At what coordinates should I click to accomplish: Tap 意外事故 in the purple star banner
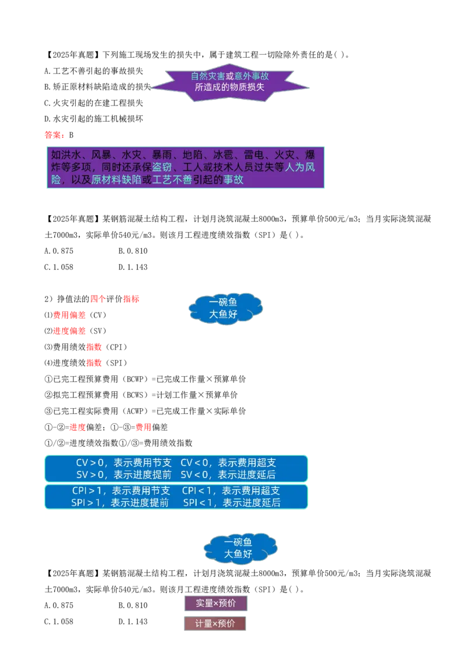252,76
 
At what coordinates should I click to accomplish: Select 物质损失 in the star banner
249,87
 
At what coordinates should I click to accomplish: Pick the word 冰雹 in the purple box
223,155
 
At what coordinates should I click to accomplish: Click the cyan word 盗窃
162,167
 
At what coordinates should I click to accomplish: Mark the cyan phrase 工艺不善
172,180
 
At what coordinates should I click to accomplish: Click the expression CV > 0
90,463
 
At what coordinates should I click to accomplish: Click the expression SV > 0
90,475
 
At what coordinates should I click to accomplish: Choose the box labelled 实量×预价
216,603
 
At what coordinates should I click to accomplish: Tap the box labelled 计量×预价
215,623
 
